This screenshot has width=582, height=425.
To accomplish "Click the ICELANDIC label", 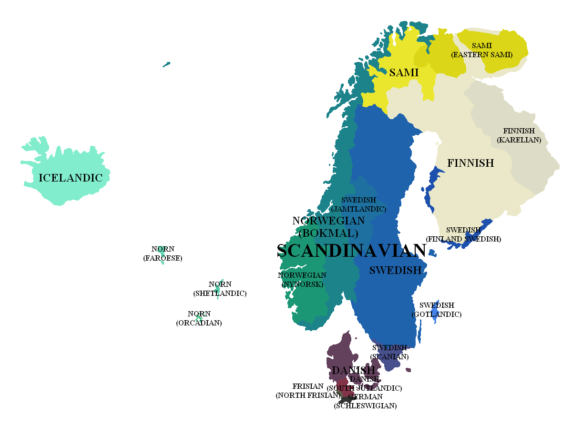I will [71, 178].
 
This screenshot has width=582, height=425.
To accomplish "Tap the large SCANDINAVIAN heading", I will [351, 251].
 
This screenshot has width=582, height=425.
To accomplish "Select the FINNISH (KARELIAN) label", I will [519, 135].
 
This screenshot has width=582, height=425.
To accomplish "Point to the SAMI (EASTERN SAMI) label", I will [481, 50].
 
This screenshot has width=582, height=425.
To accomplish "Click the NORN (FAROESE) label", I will [163, 254].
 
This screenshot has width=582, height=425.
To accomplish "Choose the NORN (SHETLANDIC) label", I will [220, 289].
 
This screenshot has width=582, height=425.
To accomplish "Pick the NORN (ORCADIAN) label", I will [199, 318].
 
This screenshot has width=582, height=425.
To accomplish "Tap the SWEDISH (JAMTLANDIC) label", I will [358, 204].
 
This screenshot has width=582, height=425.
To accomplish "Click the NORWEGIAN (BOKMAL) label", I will [328, 227].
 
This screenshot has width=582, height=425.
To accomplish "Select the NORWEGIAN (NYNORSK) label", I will [302, 280].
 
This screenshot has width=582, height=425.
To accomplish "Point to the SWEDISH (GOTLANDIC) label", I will [437, 310].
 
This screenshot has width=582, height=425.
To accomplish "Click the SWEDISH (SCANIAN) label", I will [389, 352].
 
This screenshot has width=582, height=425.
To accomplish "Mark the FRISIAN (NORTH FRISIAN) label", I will [308, 391].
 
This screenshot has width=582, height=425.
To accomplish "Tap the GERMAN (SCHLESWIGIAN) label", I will [365, 401].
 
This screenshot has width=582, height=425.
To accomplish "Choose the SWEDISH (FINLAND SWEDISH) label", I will [463, 234].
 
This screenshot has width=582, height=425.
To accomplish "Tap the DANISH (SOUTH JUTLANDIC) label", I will [365, 384].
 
